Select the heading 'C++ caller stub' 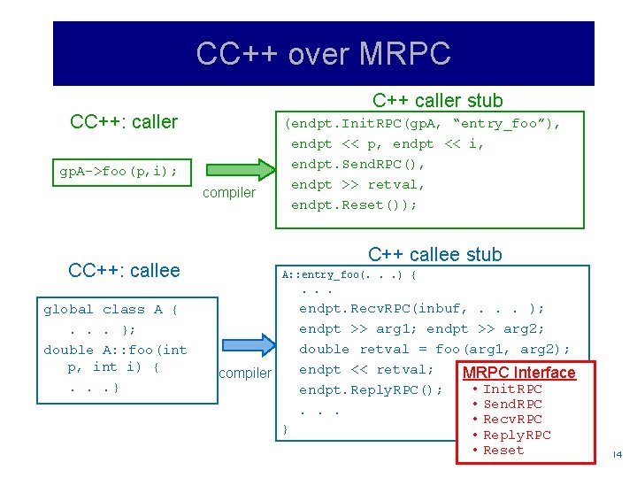click(437, 101)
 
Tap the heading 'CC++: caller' click(124, 121)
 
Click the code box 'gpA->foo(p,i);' click(119, 171)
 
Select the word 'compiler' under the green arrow click(229, 193)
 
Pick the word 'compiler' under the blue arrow click(245, 374)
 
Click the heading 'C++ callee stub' click(434, 255)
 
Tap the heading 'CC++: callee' click(124, 271)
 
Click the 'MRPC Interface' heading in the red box click(518, 373)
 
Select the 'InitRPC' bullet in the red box click(512, 389)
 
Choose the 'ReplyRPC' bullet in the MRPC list click(517, 435)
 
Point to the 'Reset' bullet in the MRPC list click(503, 450)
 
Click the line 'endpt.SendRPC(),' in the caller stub click(358, 164)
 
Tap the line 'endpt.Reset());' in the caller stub click(354, 204)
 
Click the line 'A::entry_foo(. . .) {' click(349, 274)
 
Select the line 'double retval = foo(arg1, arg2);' click(434, 350)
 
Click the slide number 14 click(617, 454)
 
